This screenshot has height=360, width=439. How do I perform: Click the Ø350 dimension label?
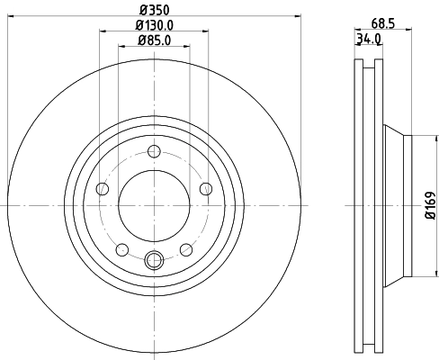pyautogui.click(x=153, y=13)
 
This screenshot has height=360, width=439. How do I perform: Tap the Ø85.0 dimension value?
pyautogui.click(x=153, y=40)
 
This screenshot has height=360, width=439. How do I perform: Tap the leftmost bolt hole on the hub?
pyautogui.click(x=103, y=188)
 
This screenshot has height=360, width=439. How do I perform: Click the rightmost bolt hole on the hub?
pyautogui.click(x=205, y=188)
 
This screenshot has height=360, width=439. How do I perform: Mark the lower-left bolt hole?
pyautogui.click(x=122, y=248)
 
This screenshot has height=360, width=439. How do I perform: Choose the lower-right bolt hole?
pyautogui.click(x=185, y=248)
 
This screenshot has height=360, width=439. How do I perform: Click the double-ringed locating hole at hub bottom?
pyautogui.click(x=154, y=261)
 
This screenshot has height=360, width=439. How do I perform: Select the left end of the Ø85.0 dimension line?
pyautogui.click(x=119, y=47)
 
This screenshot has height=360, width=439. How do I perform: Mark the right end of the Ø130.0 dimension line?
pyautogui.click(x=209, y=33)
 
